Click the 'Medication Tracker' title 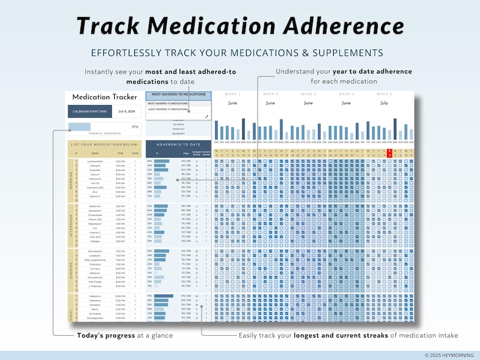(x=100, y=97)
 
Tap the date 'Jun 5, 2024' (x=126, y=111)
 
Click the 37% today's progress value (x=135, y=127)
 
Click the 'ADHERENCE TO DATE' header (x=178, y=146)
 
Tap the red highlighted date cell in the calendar (x=391, y=153)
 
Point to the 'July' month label (x=383, y=103)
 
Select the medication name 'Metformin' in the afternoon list (x=95, y=207)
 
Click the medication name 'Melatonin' (x=95, y=296)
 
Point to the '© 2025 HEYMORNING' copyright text (x=448, y=355)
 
